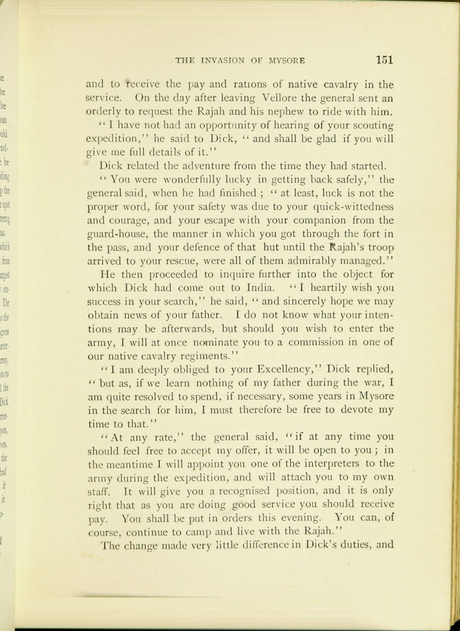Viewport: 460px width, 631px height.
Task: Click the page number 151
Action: tap(384, 61)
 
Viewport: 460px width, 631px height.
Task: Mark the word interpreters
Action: tap(314, 464)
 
